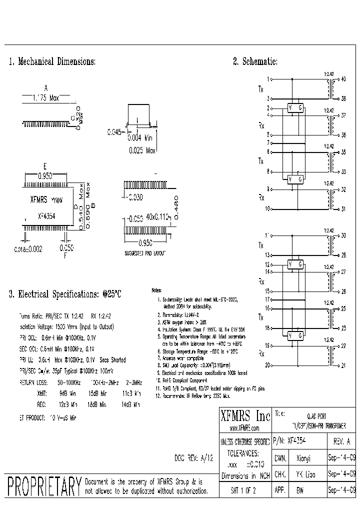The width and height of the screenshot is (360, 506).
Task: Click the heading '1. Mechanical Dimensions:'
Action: (x=52, y=62)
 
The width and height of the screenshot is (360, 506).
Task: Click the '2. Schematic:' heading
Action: (x=255, y=62)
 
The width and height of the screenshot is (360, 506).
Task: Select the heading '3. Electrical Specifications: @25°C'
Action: (x=65, y=294)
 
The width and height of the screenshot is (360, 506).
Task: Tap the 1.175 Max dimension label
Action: (x=45, y=98)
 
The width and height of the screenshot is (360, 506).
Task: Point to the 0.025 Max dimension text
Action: (x=142, y=150)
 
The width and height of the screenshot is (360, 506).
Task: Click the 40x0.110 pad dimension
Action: (x=155, y=217)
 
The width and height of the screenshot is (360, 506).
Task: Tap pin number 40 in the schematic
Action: (x=343, y=79)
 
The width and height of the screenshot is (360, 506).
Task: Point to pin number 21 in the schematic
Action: (x=343, y=365)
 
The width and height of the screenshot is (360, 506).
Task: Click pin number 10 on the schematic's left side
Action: (x=267, y=208)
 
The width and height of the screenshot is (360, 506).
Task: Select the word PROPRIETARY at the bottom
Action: (x=44, y=486)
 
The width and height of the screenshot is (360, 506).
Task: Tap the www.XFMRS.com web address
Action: (x=245, y=429)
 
